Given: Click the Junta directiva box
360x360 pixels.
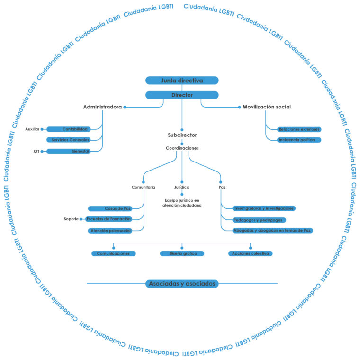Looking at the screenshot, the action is [182, 81].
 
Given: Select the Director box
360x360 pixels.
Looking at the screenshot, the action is [182, 95].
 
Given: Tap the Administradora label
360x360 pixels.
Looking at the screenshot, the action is [102, 107].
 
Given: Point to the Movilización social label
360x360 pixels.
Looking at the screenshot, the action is [267, 107].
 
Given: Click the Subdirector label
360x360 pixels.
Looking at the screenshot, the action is [182, 135].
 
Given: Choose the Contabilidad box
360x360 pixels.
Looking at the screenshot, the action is [68, 129].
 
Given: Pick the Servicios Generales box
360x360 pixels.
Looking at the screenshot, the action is [68, 140].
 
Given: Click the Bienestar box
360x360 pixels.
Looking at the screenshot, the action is [68, 151].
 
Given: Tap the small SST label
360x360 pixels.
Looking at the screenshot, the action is [36, 152].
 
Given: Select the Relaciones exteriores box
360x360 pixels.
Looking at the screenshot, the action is [299, 129].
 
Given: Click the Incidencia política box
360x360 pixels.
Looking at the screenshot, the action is [299, 140].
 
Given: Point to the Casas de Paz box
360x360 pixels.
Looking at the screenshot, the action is [110, 209].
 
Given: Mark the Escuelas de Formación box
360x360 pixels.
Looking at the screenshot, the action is [108, 219].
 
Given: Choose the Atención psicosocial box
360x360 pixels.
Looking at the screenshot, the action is [110, 231].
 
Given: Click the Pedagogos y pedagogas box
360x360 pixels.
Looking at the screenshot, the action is [259, 220].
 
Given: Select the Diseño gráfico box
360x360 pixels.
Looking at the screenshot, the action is [182, 253].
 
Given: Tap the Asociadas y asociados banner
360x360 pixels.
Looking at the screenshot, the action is [182, 284].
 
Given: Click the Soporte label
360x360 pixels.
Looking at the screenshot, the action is [71, 219].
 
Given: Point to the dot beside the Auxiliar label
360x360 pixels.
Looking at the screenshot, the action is [42, 129].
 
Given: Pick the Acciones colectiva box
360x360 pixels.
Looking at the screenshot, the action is [250, 253].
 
